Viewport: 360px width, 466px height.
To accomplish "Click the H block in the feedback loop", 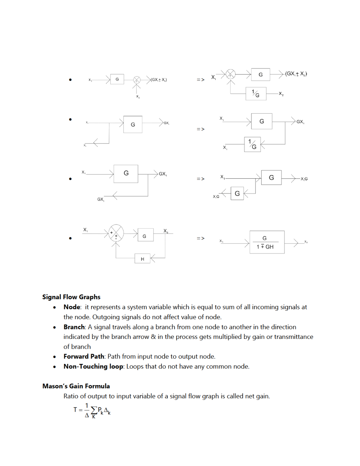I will pos(143,259).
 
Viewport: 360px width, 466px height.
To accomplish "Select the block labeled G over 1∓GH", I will pos(267,242).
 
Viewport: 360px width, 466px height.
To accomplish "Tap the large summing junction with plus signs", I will pos(116,233).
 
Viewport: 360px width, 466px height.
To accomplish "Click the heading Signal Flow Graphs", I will pos(71,297).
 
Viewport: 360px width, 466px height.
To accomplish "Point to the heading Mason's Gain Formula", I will pos(76,386).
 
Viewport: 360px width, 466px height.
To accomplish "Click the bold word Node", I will pos(72,307).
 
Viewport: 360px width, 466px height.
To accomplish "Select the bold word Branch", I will pos(74,327).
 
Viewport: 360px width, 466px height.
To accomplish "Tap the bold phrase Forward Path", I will pos(84,356).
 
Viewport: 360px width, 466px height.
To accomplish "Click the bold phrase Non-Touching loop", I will pos(93,366).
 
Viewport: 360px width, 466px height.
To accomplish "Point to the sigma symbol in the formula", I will pos(94,410).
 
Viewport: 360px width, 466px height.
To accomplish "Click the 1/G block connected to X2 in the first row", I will pos(256,94).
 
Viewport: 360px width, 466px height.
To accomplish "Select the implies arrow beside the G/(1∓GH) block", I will pos(200,239).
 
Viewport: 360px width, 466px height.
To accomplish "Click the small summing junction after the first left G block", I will pos(137,80).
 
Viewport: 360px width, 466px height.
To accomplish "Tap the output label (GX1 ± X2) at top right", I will pos(296,74).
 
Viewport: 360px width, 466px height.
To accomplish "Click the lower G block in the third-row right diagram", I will pos(237,193).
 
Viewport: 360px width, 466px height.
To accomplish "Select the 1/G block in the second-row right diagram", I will pos(252,144).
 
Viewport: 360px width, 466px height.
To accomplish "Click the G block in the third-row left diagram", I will pos(126,173).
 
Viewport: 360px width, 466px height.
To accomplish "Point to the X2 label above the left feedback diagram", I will pos(166,231).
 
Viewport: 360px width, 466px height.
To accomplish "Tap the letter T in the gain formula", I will pos(75,410).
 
